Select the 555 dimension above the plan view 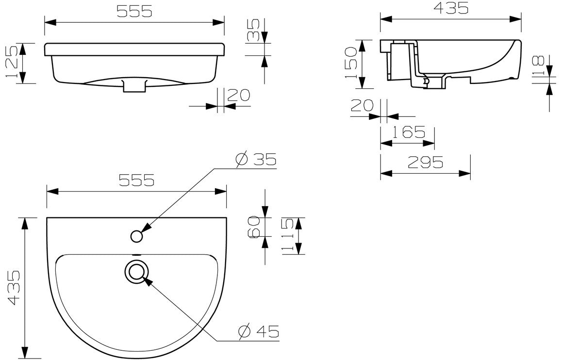pos(136,180)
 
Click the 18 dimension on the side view pos(537,66)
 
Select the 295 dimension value pos(425,163)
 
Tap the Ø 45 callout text pos(259,331)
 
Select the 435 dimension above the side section pos(450,8)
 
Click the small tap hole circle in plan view pos(137,236)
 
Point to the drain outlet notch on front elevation pos(134,86)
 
